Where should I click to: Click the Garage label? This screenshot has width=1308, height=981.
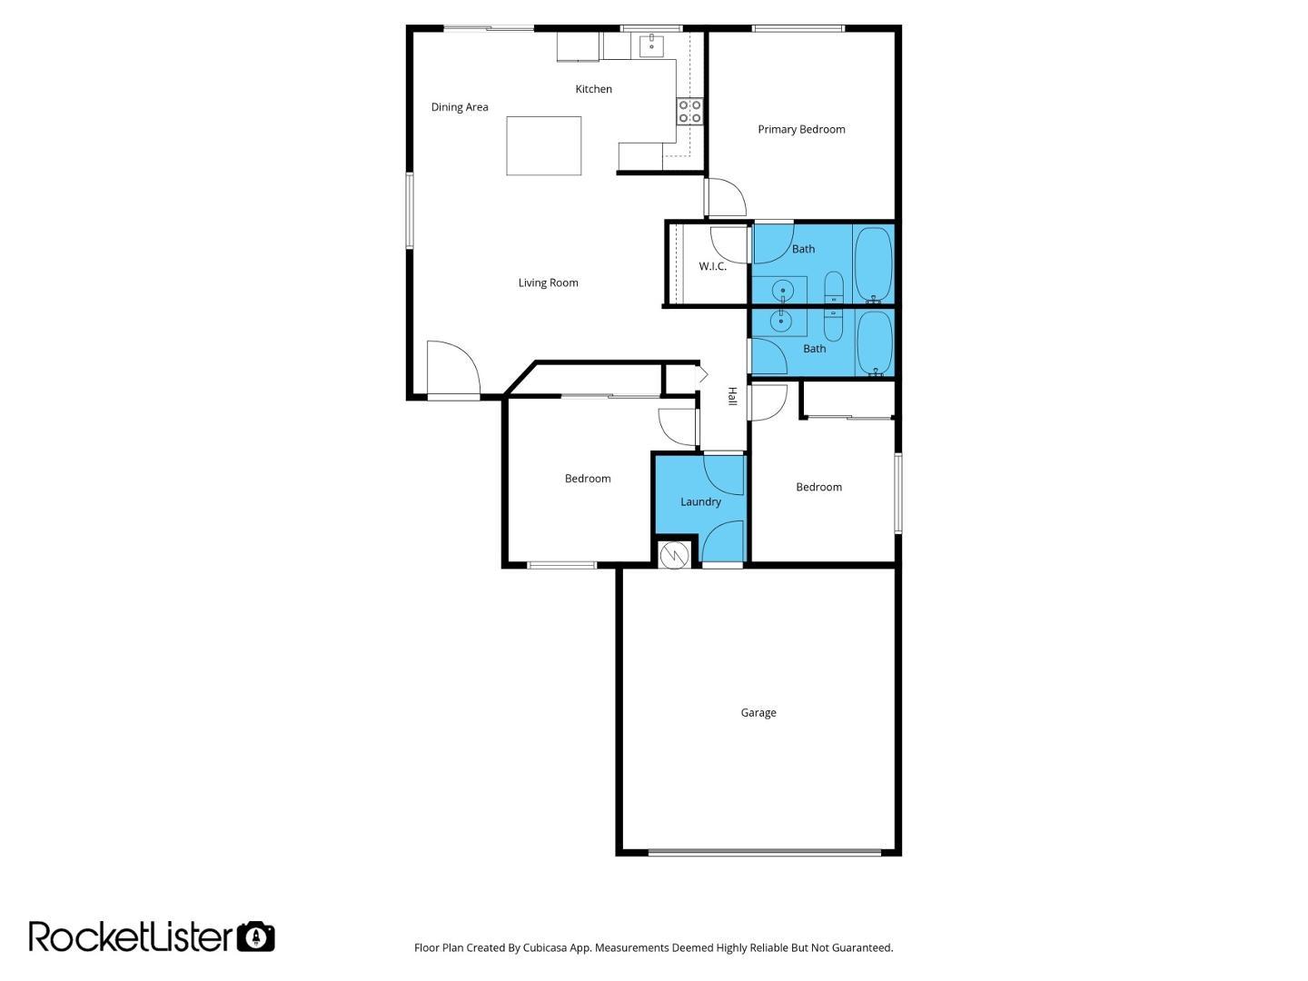758,713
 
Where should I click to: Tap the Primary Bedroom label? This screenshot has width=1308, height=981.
801,129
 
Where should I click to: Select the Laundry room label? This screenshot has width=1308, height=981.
700,502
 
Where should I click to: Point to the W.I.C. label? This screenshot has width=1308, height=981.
712,266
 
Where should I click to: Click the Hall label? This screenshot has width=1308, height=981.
732,396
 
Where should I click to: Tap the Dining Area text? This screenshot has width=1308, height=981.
460,107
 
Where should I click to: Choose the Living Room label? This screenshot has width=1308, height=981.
548,282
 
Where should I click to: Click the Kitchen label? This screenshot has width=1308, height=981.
593,89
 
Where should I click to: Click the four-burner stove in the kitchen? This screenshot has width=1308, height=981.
689,112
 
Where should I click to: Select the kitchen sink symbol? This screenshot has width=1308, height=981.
652,45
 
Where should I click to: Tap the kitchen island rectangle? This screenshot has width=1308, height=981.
543,146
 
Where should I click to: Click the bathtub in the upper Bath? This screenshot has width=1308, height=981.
873,265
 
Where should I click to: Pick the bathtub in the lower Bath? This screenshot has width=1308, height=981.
874,343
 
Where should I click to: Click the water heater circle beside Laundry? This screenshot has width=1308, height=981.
674,555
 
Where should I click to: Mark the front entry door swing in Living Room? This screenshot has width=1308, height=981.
453,368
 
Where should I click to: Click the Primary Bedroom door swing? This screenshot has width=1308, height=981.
726,197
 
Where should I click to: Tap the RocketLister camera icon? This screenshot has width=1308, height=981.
255,936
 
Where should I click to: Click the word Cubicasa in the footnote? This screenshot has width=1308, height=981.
544,947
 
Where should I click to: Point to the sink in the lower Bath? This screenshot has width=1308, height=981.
780,322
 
